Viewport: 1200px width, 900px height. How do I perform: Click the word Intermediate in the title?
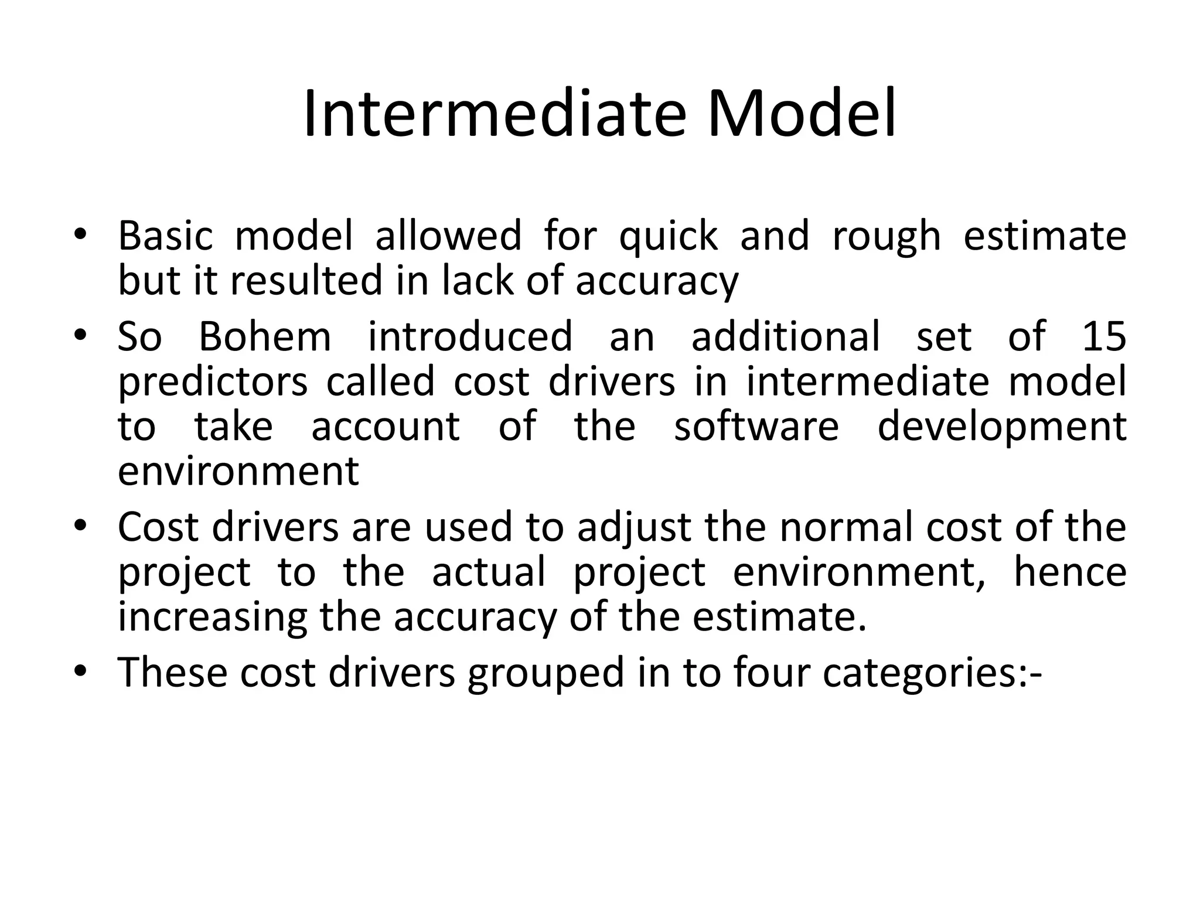(494, 114)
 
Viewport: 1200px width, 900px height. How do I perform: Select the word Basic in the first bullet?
(165, 236)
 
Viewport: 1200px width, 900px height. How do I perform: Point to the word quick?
(668, 237)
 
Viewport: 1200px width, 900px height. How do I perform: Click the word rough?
(887, 237)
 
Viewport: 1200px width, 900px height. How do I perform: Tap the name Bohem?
(265, 336)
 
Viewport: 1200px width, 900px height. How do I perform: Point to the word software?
(756, 426)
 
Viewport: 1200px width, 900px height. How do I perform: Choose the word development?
(1002, 427)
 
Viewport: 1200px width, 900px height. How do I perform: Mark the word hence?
(1070, 571)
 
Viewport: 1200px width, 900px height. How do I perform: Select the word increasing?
(213, 617)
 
